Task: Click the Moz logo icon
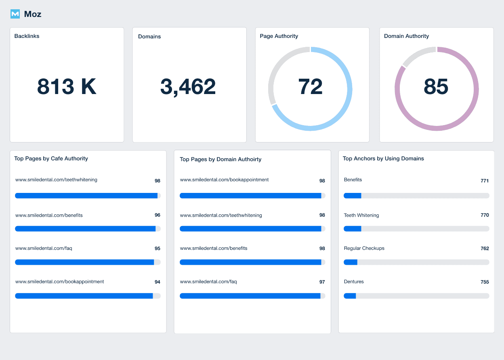[15, 14]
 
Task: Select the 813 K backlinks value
[67, 87]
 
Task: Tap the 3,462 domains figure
[188, 87]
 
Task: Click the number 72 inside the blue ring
[310, 87]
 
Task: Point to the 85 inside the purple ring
[436, 87]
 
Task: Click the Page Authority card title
[279, 36]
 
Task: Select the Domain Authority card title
[406, 36]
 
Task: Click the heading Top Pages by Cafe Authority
[51, 159]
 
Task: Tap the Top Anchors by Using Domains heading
[383, 159]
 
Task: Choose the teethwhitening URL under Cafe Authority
[56, 180]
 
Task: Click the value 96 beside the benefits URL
[157, 216]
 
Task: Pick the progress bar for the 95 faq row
[88, 262]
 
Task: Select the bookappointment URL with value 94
[59, 282]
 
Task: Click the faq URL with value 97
[208, 282]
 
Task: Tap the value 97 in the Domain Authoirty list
[322, 282]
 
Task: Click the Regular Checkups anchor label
[364, 249]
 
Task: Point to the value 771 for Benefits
[485, 181]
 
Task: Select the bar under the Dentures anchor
[416, 296]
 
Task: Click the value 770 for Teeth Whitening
[485, 216]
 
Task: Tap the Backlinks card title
[27, 36]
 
